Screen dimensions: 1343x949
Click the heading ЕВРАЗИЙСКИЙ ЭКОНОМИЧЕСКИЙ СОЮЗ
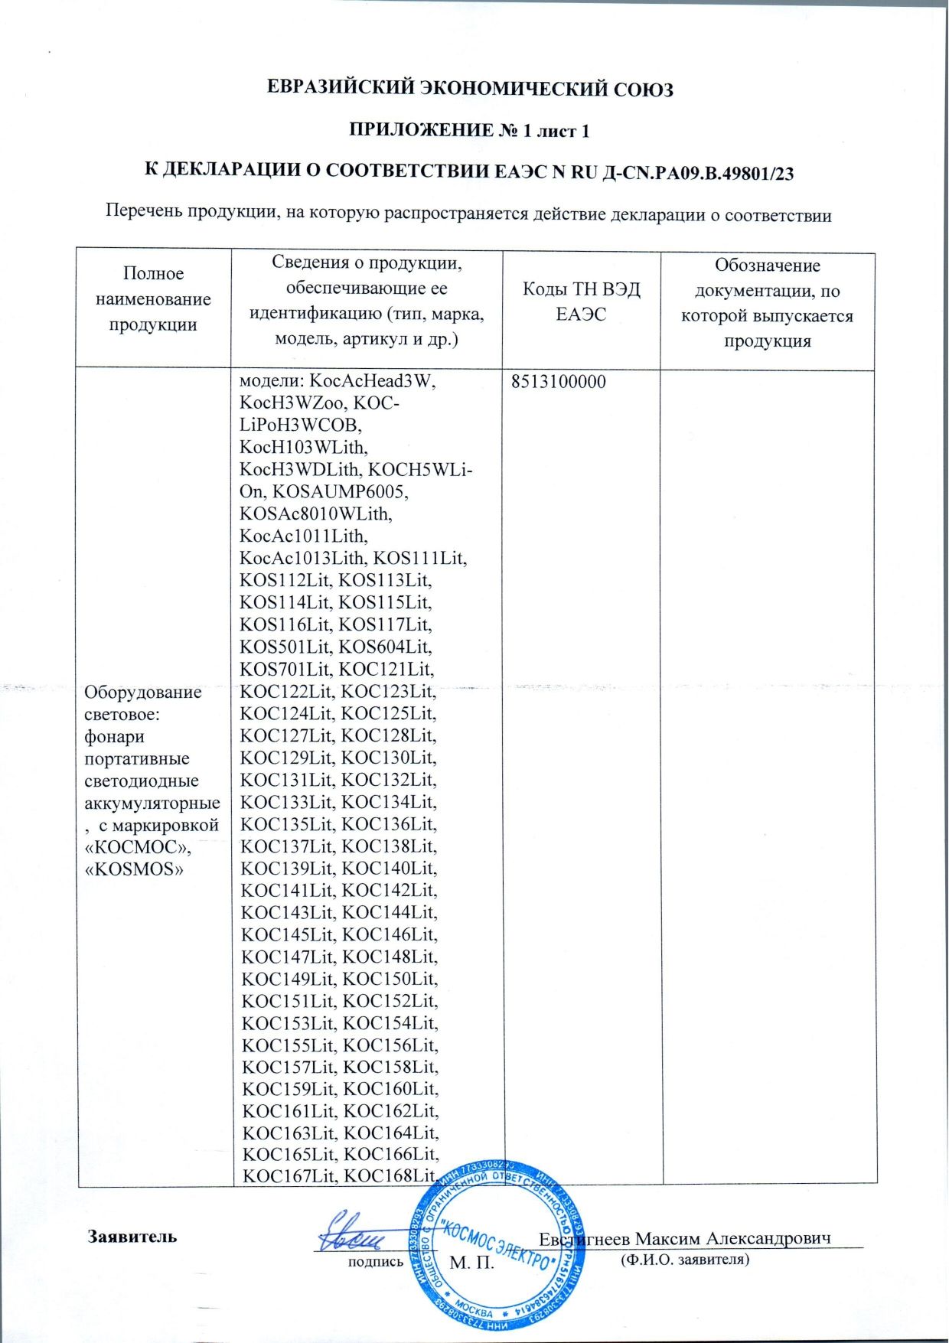tap(470, 90)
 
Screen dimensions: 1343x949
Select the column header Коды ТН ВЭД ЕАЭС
tap(581, 302)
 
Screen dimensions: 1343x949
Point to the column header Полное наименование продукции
tap(153, 299)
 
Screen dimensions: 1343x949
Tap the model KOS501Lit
tap(285, 647)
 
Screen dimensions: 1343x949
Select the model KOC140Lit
tap(388, 869)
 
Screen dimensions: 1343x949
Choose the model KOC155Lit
tap(288, 1045)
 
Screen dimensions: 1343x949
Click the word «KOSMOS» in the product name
tap(134, 869)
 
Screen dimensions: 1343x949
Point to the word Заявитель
tap(132, 1237)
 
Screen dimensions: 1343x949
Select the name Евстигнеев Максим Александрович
tap(685, 1239)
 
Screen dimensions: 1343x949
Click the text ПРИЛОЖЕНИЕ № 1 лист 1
tap(469, 131)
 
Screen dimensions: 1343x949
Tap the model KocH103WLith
tap(304, 447)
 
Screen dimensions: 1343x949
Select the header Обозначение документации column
tap(767, 303)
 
